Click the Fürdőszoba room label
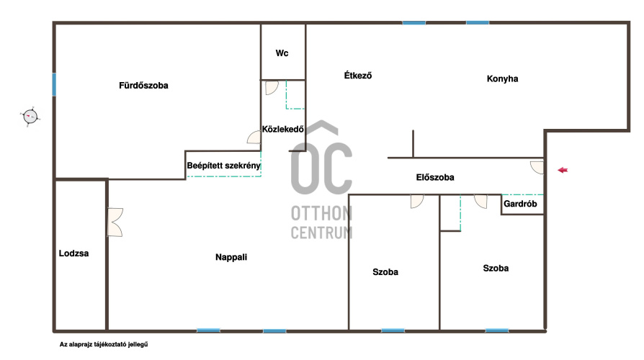tap(143, 86)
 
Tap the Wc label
tap(282, 53)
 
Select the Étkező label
tap(358, 75)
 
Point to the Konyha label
tap(502, 78)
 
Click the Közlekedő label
tap(283, 130)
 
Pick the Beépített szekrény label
tap(223, 166)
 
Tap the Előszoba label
tap(435, 177)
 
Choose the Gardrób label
tap(520, 204)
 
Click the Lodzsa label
tap(73, 253)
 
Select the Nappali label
tap(231, 257)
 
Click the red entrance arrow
tap(563, 170)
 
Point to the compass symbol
tap(30, 117)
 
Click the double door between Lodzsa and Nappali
tap(115, 222)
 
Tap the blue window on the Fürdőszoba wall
tap(54, 84)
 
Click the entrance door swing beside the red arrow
tap(537, 167)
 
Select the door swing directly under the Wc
tap(272, 88)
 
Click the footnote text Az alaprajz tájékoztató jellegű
tap(104, 344)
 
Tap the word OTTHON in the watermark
tap(321, 213)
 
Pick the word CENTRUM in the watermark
tap(321, 233)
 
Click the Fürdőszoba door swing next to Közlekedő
tap(254, 138)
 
